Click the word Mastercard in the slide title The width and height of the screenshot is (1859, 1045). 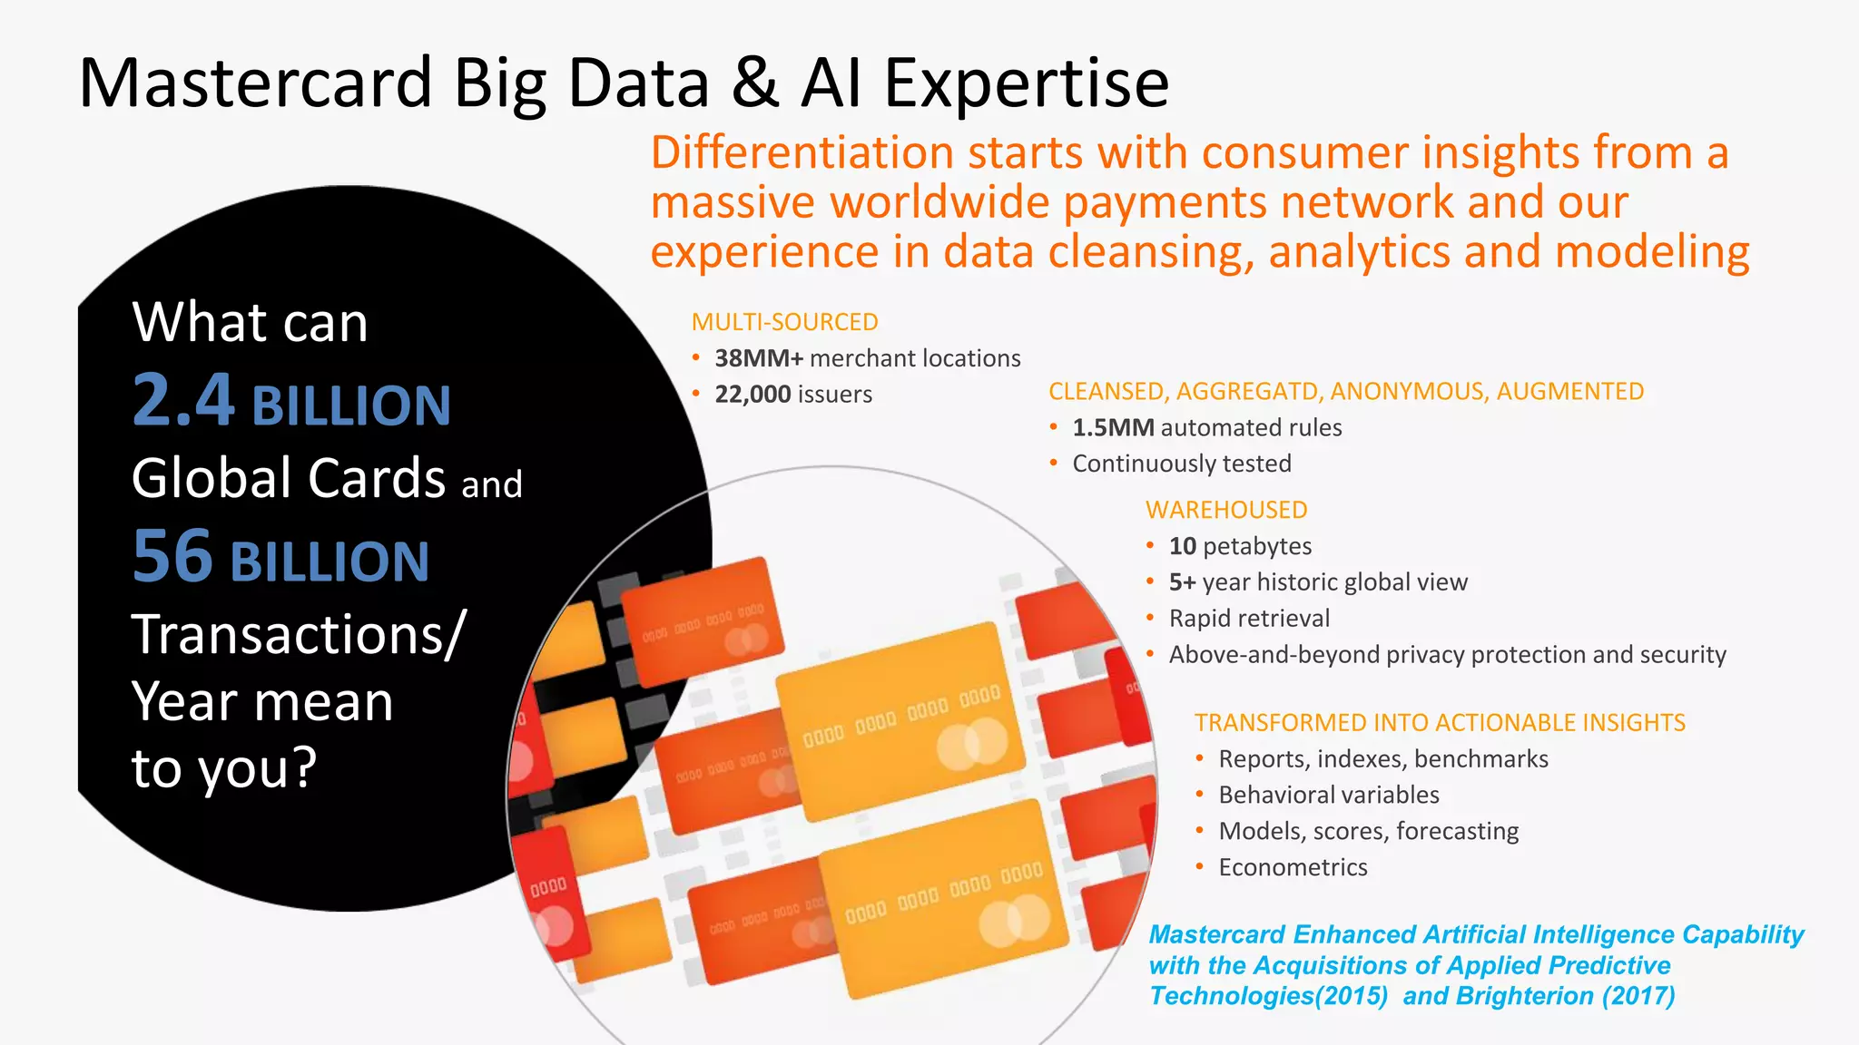point(255,83)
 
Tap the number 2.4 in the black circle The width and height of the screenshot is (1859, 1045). point(183,401)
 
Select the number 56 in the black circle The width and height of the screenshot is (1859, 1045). point(172,557)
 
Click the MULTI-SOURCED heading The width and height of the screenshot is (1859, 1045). point(784,322)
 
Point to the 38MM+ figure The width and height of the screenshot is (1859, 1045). point(759,358)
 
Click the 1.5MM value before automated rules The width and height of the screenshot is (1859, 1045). point(1113,428)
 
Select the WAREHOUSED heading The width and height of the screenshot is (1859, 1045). point(1226,510)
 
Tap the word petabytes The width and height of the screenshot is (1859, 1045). point(1257,546)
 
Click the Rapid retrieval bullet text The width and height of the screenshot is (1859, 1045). point(1249,619)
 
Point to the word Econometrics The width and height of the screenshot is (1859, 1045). point(1293,867)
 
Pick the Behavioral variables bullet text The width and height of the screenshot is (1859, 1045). point(1329,795)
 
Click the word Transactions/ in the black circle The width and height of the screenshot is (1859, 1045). point(299,634)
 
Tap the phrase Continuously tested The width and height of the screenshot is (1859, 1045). point(1182,464)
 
